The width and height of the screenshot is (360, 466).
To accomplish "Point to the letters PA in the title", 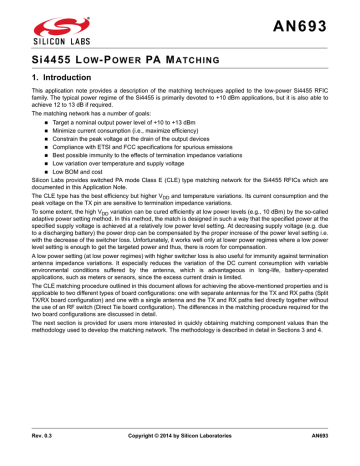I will tap(125, 63).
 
